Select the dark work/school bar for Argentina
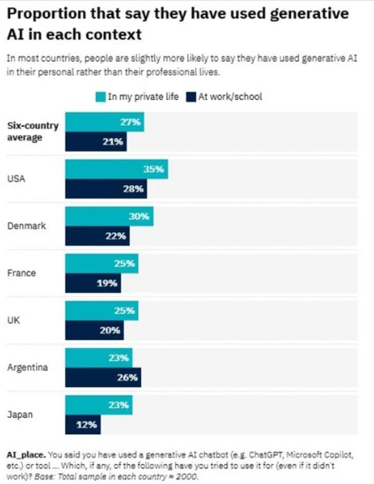[x=103, y=377]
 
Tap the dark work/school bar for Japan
[x=83, y=424]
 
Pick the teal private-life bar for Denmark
[x=109, y=217]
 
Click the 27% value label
[x=131, y=123]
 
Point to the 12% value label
[x=87, y=425]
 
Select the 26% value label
[x=127, y=377]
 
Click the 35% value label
[x=153, y=169]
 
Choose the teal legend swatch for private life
[x=101, y=97]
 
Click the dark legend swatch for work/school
[x=191, y=97]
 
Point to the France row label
[x=22, y=273]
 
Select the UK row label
[x=13, y=320]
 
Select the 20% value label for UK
[x=111, y=331]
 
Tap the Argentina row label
[x=28, y=367]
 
